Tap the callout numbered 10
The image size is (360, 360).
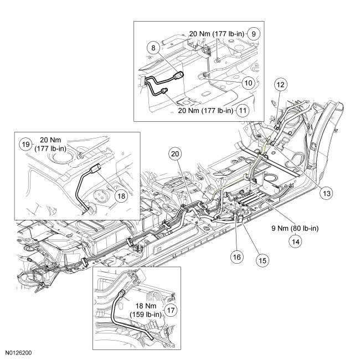[248, 83]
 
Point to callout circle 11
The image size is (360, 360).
[241, 110]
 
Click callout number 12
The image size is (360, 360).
[280, 85]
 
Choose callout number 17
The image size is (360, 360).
[171, 310]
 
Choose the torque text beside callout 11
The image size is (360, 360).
[204, 110]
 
